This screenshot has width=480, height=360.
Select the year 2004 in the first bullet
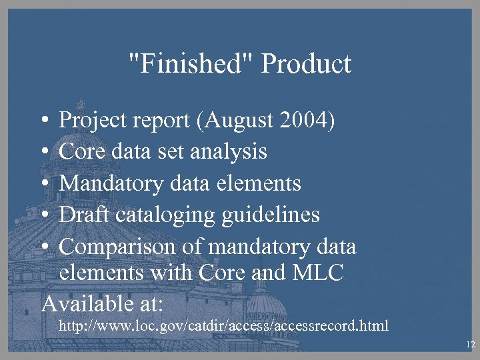306,121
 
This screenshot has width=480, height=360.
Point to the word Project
94,121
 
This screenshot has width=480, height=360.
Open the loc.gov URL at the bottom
224,327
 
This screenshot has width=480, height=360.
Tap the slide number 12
470,345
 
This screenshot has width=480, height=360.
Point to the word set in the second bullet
173,152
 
